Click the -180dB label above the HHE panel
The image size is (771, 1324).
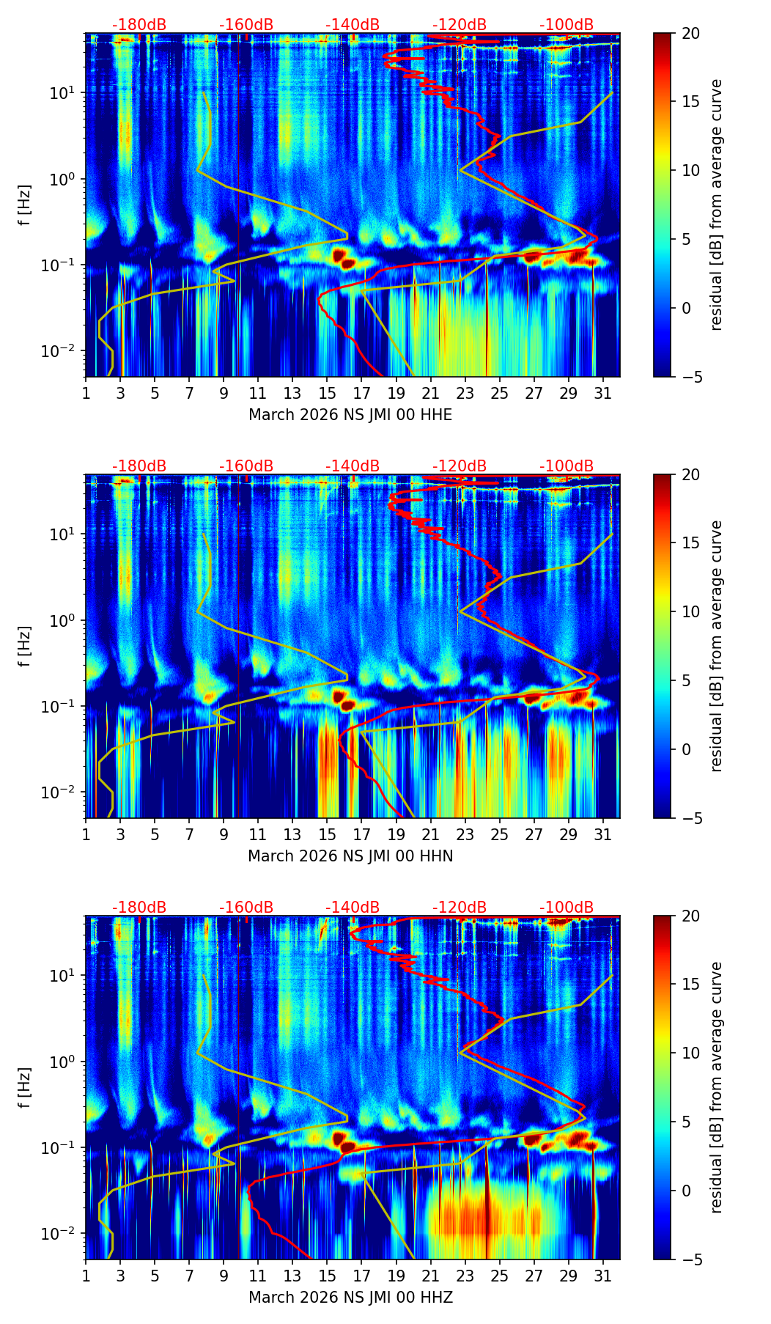click(139, 25)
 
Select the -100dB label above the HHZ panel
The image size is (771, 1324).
click(567, 908)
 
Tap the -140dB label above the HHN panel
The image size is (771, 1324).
click(353, 466)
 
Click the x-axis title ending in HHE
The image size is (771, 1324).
click(350, 415)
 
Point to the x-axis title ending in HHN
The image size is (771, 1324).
click(350, 856)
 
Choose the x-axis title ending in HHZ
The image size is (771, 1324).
click(350, 1298)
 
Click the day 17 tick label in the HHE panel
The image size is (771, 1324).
click(362, 393)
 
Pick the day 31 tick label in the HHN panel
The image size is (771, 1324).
click(603, 834)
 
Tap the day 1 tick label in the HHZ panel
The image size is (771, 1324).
click(86, 1276)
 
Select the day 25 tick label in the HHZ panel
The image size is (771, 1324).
click(500, 1276)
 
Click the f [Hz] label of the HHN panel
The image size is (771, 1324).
click(25, 646)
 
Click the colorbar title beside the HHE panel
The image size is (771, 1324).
click(717, 205)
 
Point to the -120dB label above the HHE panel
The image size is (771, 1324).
click(460, 25)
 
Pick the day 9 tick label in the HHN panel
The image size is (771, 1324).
click(224, 834)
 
